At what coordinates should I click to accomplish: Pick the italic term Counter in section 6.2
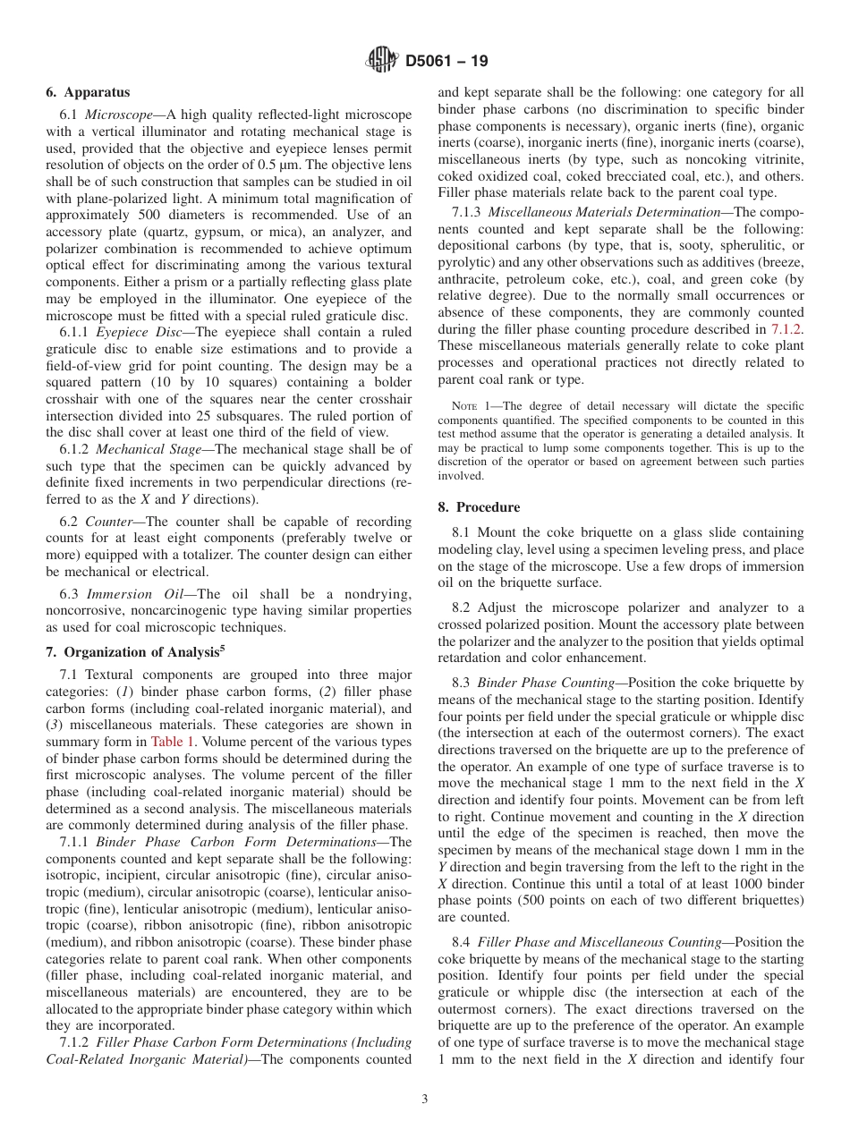pos(111,522)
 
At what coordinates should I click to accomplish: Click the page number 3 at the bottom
pos(425,1100)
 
